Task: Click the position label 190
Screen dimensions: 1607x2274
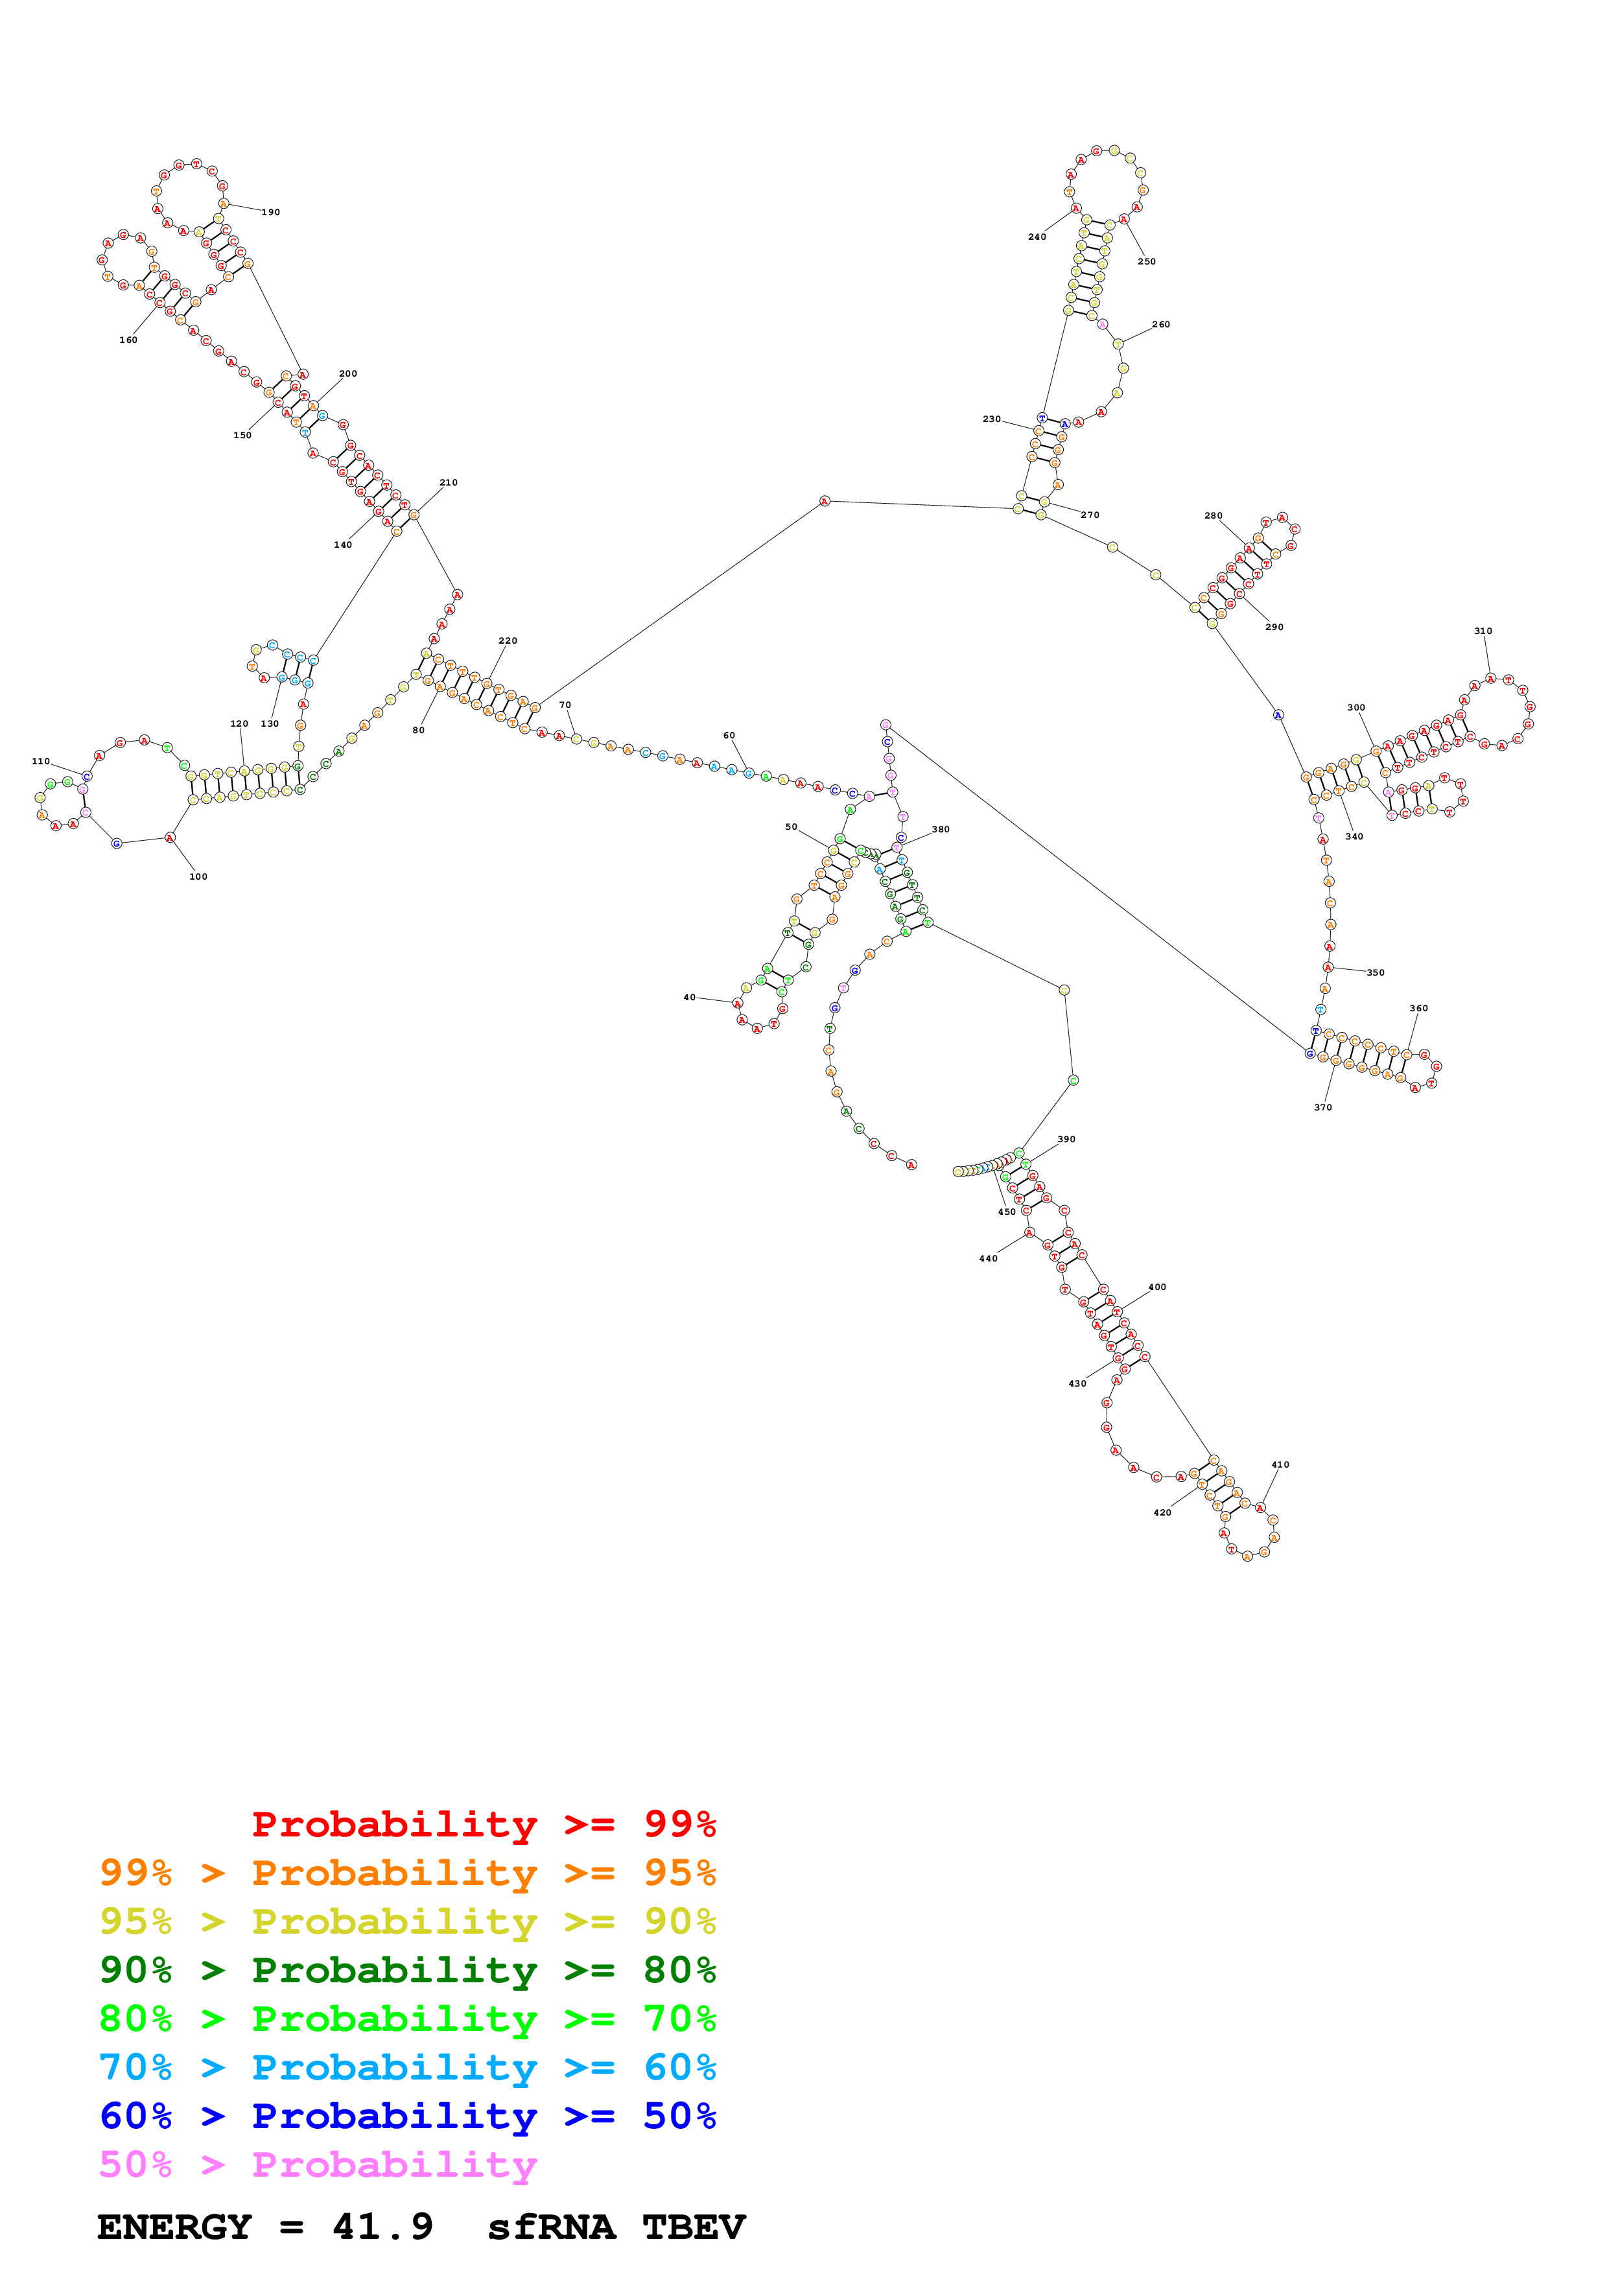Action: [270, 213]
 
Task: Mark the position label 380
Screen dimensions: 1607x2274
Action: [940, 830]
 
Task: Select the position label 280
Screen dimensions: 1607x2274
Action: [1213, 516]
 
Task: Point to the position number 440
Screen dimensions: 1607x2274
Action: [988, 1260]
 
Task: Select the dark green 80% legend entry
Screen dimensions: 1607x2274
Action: [407, 1970]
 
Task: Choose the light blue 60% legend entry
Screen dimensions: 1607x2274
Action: [407, 2068]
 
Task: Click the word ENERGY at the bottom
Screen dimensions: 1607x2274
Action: [174, 2227]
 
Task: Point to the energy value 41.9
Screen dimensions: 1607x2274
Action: [382, 2227]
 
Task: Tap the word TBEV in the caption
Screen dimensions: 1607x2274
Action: [693, 2227]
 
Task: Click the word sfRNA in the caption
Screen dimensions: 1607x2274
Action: [550, 2227]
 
